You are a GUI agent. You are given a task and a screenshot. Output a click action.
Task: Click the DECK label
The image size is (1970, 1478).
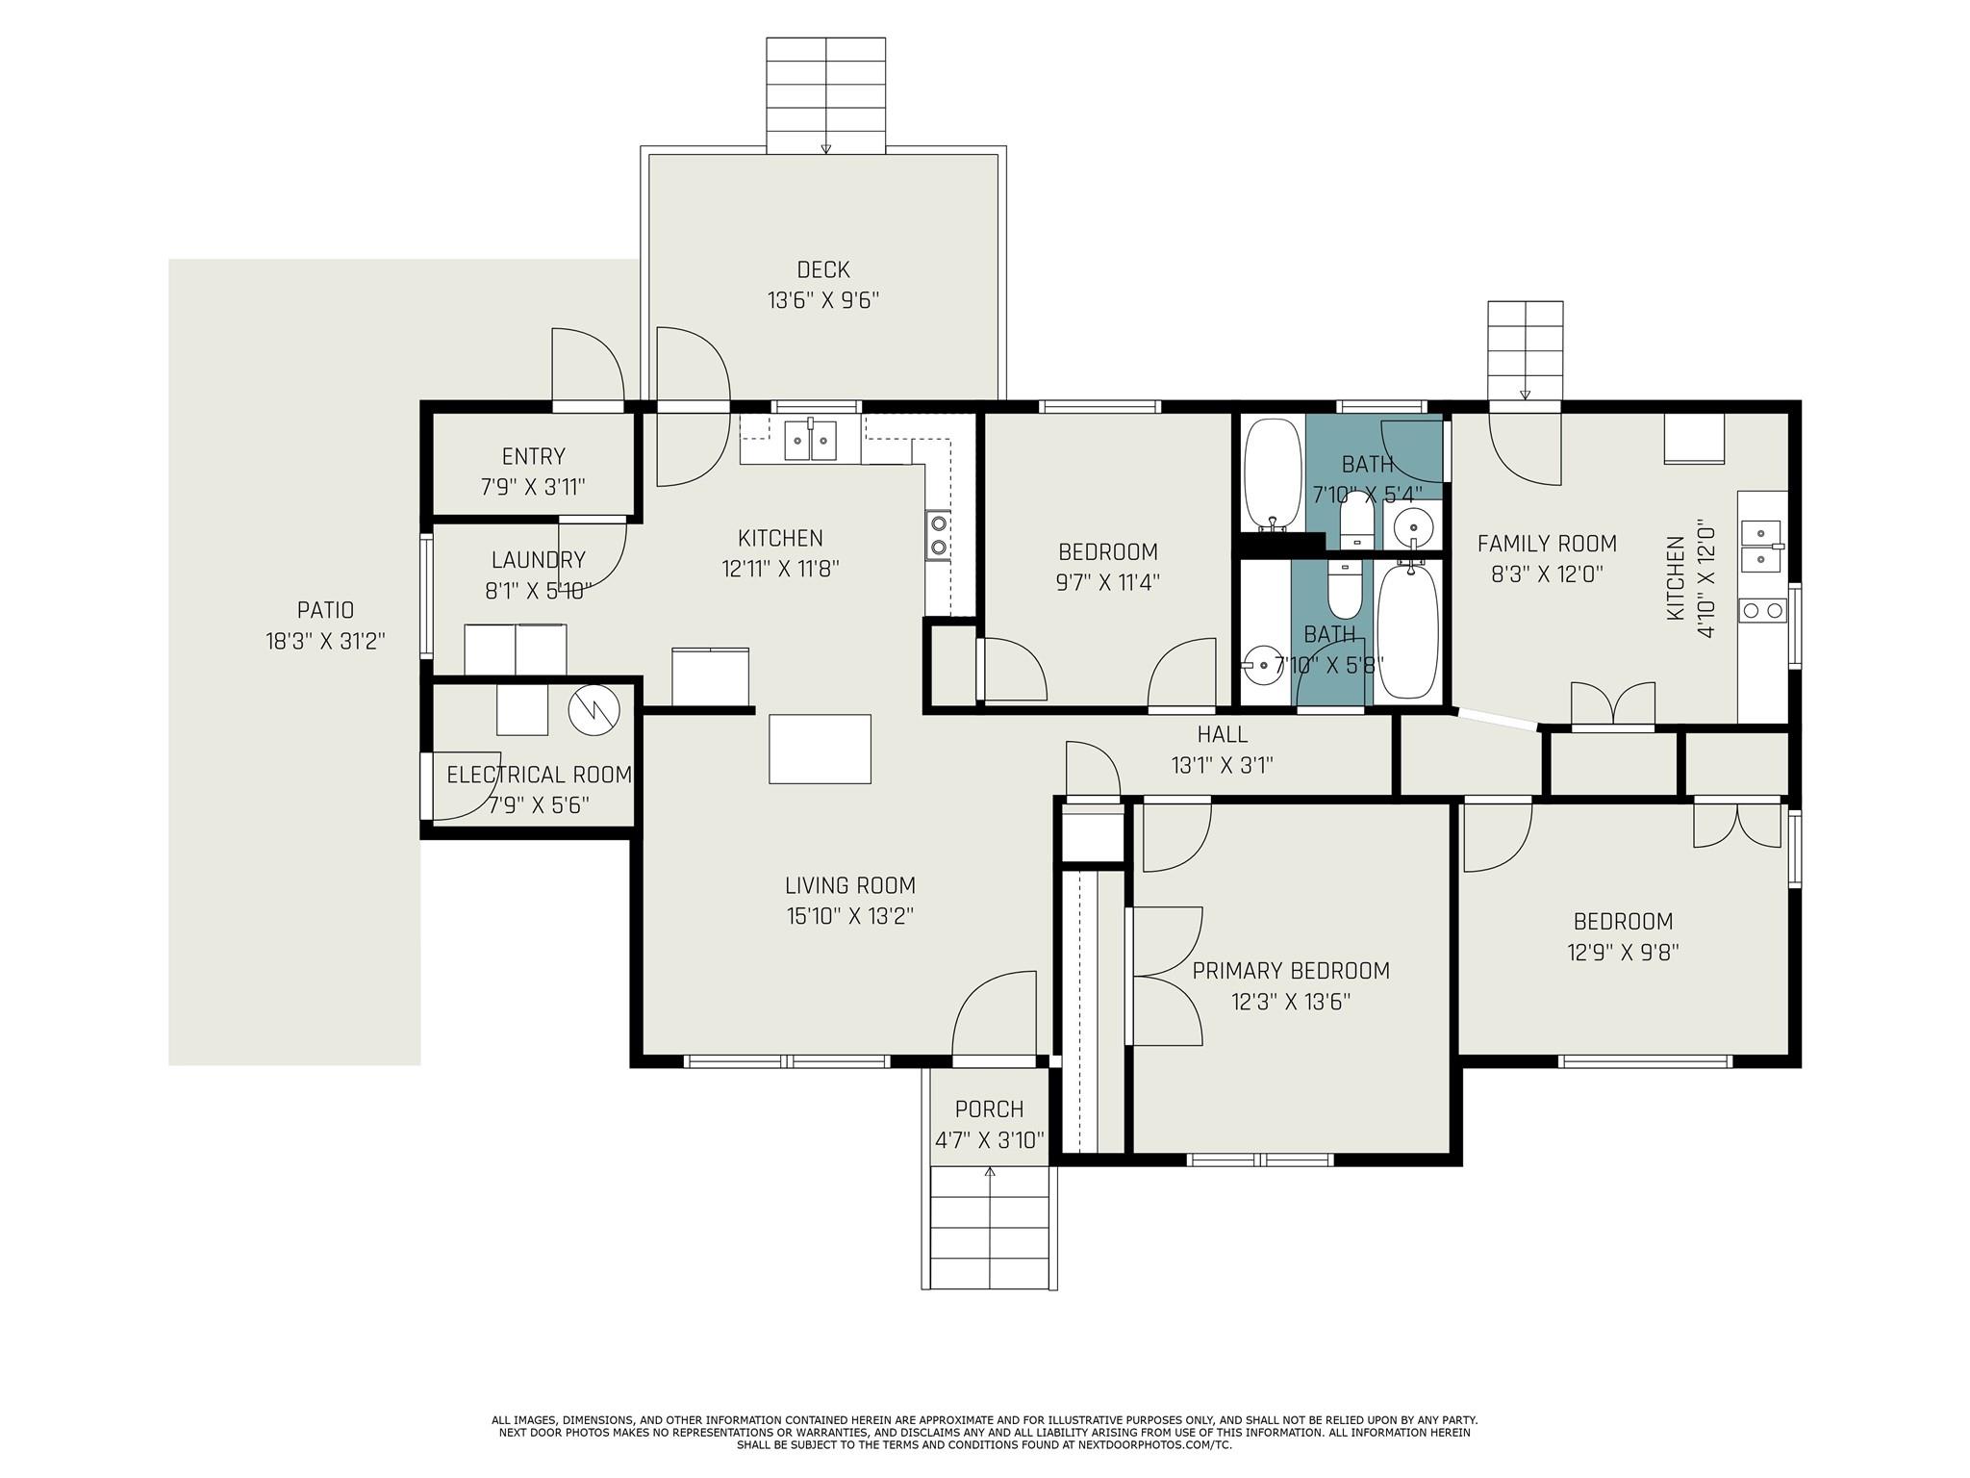(822, 270)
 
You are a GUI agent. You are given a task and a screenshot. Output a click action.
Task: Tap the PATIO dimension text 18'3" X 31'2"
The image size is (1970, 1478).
(325, 641)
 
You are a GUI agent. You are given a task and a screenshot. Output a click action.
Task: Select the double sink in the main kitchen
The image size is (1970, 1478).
(810, 441)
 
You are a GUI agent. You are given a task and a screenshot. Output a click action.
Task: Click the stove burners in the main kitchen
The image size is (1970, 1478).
(938, 536)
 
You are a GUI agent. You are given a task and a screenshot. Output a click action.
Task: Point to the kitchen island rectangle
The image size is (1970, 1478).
(820, 749)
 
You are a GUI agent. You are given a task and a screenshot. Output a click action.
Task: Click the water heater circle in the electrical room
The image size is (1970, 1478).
(594, 709)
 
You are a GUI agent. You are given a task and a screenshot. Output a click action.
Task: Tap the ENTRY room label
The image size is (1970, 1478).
(533, 456)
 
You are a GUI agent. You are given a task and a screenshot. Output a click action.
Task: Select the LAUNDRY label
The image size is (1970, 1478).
(538, 560)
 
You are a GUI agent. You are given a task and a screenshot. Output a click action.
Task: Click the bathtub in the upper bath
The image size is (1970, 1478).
(1273, 472)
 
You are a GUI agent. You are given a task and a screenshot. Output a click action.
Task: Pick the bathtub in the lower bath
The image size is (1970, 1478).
(1408, 630)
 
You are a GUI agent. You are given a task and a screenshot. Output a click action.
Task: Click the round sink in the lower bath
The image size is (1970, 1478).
(1261, 664)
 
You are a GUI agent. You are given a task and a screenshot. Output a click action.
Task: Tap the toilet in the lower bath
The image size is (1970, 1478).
(1345, 588)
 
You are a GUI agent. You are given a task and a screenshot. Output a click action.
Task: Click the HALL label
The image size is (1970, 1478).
(1222, 734)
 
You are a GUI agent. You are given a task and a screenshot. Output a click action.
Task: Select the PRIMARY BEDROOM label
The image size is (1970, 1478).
(1291, 971)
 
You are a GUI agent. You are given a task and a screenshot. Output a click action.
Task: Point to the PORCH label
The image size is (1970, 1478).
(989, 1109)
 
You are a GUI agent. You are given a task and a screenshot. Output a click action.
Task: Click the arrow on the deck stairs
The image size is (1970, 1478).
(825, 148)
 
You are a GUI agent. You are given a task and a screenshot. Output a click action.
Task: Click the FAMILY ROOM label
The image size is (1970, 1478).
(1546, 544)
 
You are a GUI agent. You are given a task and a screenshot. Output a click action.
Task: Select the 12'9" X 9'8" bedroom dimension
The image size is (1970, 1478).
(1623, 953)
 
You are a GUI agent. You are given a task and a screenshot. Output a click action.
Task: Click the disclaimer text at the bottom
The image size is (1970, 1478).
(984, 1432)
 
